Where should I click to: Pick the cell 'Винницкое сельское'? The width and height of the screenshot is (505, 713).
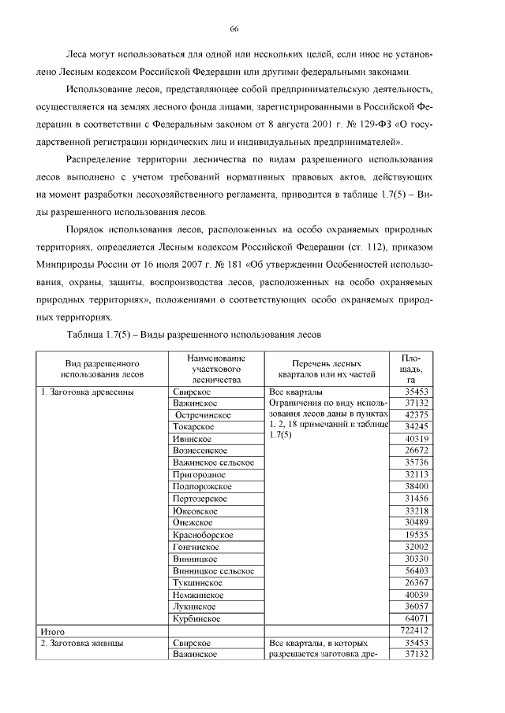(213, 570)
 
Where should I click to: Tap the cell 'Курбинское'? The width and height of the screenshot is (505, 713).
(198, 619)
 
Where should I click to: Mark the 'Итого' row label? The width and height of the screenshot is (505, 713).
(52, 632)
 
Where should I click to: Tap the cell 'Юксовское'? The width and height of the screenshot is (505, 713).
(196, 511)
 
